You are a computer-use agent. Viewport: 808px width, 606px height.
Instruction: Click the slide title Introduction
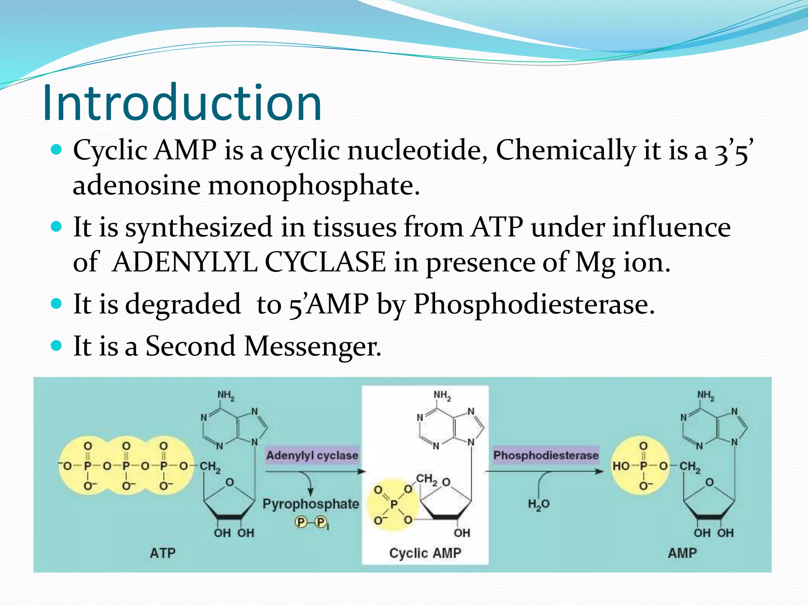(182, 103)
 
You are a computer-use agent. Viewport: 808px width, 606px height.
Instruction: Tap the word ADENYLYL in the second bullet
(185, 263)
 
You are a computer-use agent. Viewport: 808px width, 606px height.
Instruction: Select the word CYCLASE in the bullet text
(325, 263)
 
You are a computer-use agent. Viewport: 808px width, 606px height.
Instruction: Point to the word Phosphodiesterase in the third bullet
(533, 305)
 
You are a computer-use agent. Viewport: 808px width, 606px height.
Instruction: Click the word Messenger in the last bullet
(312, 346)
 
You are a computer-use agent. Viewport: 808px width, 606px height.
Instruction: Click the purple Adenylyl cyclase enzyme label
(312, 455)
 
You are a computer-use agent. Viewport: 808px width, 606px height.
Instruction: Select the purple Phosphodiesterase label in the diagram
(546, 455)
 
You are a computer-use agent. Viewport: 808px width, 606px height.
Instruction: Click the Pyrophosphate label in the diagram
(311, 504)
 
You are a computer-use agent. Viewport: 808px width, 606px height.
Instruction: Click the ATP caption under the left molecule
(163, 553)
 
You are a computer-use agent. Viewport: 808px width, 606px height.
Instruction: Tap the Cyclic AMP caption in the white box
(425, 553)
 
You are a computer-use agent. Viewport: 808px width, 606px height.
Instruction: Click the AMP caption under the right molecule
(682, 553)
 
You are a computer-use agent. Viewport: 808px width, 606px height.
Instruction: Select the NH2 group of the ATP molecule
(226, 395)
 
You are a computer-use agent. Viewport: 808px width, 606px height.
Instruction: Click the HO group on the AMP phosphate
(621, 466)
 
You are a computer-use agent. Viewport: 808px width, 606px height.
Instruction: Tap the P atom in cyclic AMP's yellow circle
(394, 504)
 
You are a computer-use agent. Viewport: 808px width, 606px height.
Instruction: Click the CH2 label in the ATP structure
(210, 467)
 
